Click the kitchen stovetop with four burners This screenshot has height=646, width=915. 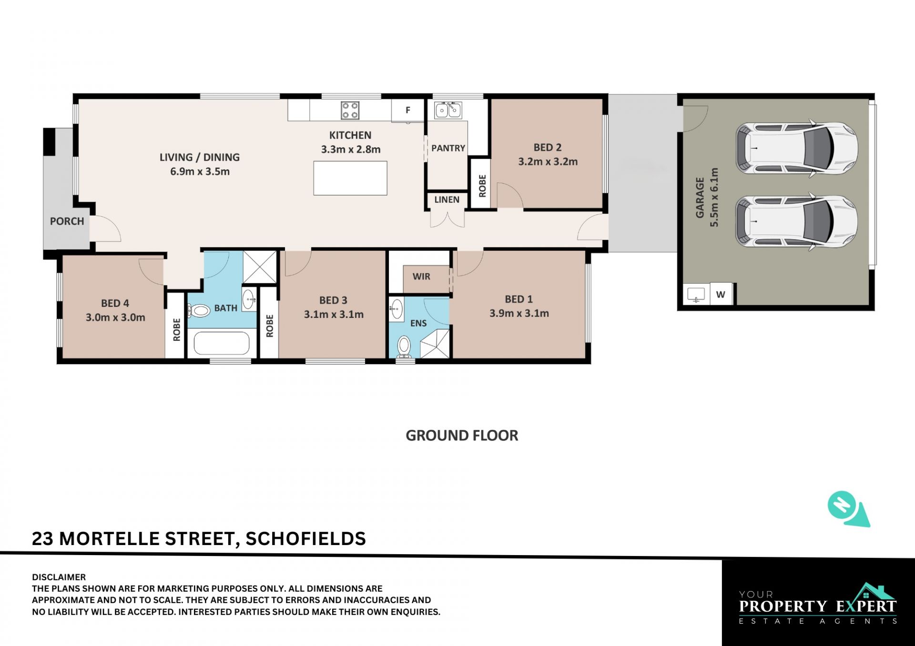(350, 110)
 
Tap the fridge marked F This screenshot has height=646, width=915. (407, 110)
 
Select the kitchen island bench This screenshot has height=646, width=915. (350, 178)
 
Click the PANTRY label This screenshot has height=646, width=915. (448, 148)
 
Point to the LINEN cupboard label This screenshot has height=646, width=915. (447, 199)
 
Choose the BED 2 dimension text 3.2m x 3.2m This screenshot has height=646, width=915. (548, 161)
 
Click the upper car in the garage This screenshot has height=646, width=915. (797, 148)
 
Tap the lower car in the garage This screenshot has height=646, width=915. (797, 221)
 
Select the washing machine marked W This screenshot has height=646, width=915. (721, 294)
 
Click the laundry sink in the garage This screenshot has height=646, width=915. (696, 294)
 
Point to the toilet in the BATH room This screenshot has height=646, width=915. (199, 311)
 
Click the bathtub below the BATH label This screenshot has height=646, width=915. (222, 343)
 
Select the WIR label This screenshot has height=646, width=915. (421, 276)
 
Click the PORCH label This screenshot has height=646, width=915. (67, 221)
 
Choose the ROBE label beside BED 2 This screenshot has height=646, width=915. (482, 186)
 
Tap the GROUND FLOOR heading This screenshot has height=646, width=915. (462, 436)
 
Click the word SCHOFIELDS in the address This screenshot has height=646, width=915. (305, 538)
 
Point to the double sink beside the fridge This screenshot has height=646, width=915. (448, 110)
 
